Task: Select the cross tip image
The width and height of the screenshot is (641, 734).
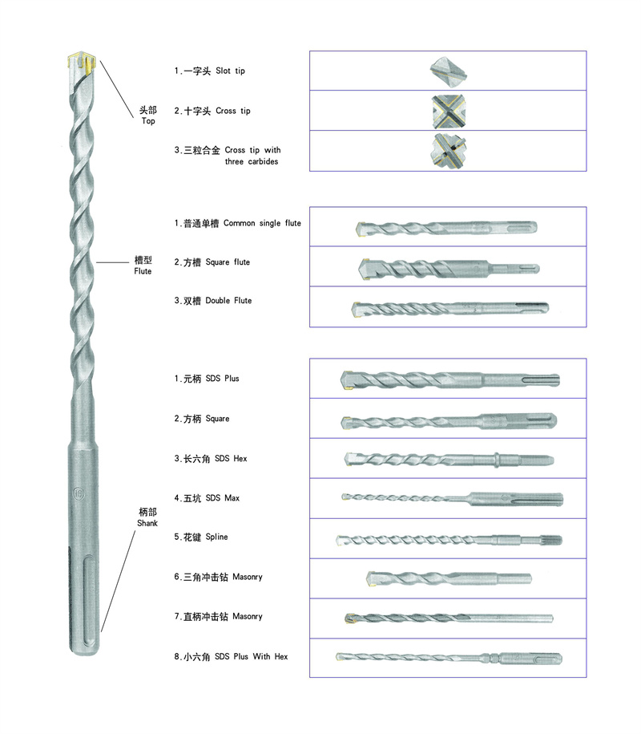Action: (x=448, y=110)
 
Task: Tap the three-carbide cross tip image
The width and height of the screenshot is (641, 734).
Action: (x=448, y=151)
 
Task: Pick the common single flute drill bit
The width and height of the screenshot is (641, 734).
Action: (x=446, y=227)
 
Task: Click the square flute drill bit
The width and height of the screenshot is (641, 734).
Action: (x=448, y=267)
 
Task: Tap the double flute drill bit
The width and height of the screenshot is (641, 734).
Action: (x=450, y=307)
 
